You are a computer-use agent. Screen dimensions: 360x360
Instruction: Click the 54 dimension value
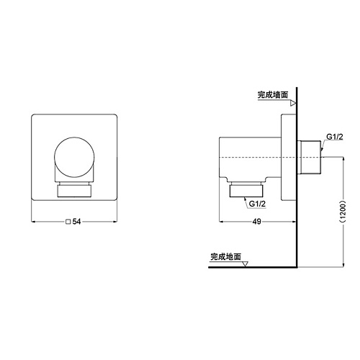pos(76,222)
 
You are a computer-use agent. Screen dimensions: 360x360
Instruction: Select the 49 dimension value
pos(256,222)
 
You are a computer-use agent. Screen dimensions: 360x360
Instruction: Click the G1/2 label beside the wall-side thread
pos(335,137)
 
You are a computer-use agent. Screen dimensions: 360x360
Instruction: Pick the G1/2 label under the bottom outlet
pos(257,204)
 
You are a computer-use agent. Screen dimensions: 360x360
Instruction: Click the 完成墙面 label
pos(273,95)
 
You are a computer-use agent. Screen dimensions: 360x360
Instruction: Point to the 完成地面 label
pos(225,257)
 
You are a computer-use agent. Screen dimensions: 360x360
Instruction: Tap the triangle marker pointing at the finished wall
pos(293,104)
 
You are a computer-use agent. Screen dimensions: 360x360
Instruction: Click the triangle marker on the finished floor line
pos(245,264)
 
